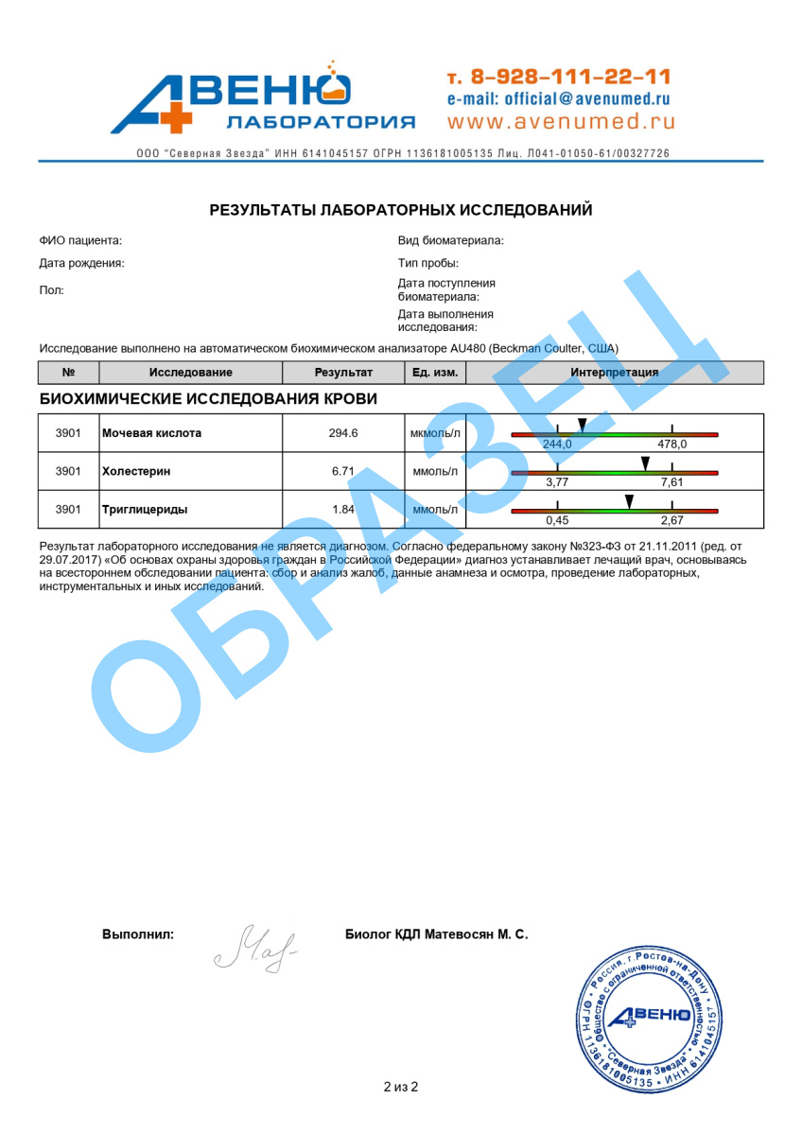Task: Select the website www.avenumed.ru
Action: pyautogui.click(x=561, y=121)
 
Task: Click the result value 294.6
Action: pyautogui.click(x=343, y=433)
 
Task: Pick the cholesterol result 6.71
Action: pyautogui.click(x=343, y=471)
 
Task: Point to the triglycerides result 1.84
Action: pyautogui.click(x=343, y=509)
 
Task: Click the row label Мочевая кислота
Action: pyautogui.click(x=151, y=433)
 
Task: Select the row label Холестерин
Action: pyautogui.click(x=138, y=471)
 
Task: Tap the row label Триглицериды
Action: pyautogui.click(x=145, y=509)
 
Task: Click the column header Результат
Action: pyautogui.click(x=343, y=373)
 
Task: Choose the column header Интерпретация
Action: pyautogui.click(x=614, y=373)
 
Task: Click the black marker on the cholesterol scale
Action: pyautogui.click(x=645, y=462)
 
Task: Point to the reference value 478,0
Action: pyautogui.click(x=671, y=445)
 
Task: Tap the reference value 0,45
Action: pyautogui.click(x=557, y=520)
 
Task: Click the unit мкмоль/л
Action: pyautogui.click(x=435, y=433)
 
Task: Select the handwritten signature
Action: pyautogui.click(x=255, y=946)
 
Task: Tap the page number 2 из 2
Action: pyautogui.click(x=401, y=1087)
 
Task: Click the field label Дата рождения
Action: pyautogui.click(x=82, y=264)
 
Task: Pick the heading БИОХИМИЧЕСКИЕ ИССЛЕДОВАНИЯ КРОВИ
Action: pyautogui.click(x=208, y=399)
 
